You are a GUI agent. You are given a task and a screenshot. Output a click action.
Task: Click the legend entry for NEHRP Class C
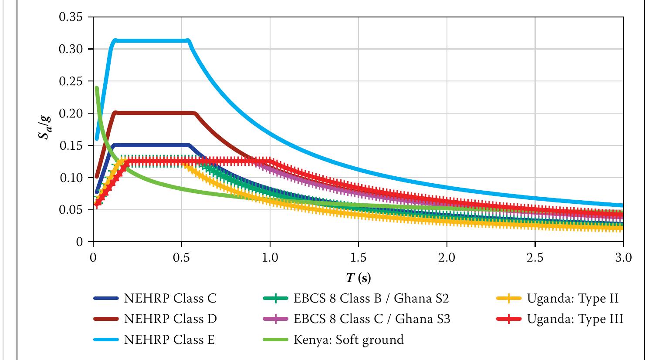coord(170,299)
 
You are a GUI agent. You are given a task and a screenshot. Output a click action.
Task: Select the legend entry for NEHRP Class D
coord(170,319)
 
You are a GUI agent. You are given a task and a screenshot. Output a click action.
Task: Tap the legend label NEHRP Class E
coord(169,340)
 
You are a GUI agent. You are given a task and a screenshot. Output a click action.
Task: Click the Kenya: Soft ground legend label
coord(348,340)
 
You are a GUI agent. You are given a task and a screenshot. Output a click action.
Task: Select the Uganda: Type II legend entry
coord(572,299)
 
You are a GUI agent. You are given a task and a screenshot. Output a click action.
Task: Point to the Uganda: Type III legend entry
coord(575,319)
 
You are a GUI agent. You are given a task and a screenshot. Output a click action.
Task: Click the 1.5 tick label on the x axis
coord(358,257)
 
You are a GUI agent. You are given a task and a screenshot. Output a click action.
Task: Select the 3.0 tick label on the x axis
coord(623,257)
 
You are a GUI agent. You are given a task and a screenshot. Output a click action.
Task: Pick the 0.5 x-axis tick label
coord(181,257)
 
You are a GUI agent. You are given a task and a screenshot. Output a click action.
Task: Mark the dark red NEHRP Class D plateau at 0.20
coord(152,113)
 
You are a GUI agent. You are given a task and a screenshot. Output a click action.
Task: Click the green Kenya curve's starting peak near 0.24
coord(97,89)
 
